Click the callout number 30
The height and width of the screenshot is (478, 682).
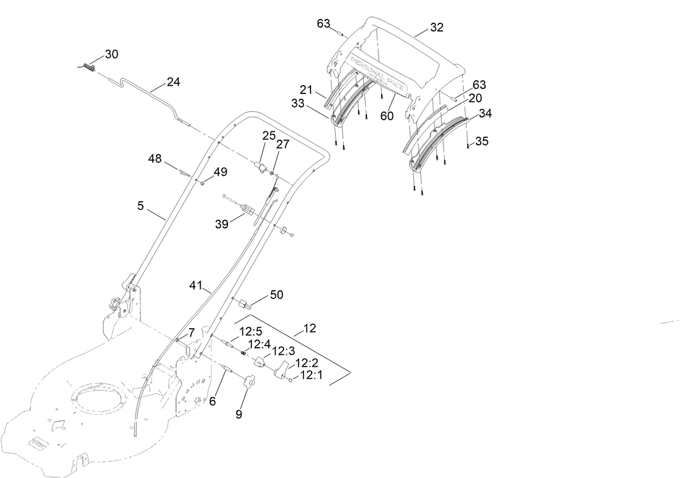[111, 54]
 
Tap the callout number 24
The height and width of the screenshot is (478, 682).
[173, 82]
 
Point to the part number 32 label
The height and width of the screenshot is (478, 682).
[436, 28]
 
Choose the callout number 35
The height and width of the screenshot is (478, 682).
[481, 141]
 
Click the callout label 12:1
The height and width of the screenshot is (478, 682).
[311, 374]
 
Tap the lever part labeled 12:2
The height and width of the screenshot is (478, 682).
[282, 371]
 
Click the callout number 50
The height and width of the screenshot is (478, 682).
[276, 295]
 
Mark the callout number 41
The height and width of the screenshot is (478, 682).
[197, 285]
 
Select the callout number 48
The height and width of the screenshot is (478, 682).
[155, 158]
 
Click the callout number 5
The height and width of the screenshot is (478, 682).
[140, 206]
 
